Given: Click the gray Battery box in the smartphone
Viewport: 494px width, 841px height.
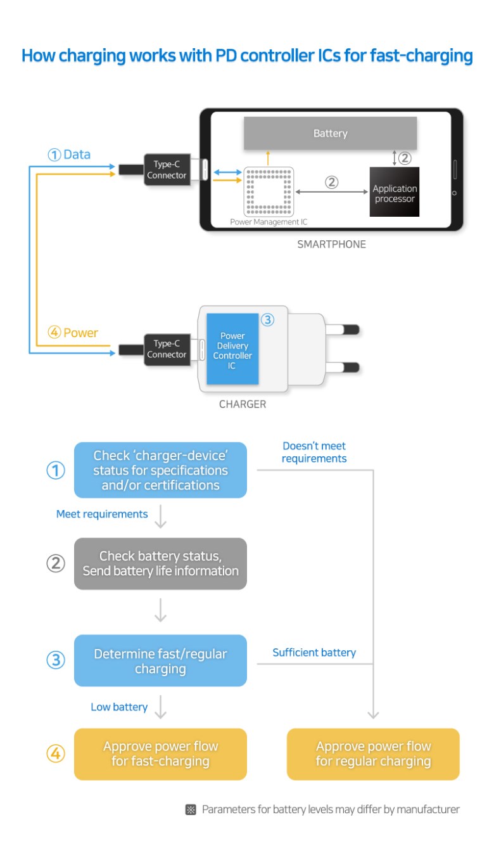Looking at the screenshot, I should tap(330, 133).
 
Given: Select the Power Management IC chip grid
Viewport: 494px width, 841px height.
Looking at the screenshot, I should tap(268, 191).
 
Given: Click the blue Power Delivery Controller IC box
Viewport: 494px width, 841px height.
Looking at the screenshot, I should tap(232, 350).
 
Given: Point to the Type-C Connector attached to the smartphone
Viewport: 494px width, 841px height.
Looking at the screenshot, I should tap(167, 170).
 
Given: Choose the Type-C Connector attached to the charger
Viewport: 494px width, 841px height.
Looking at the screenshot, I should tap(167, 349).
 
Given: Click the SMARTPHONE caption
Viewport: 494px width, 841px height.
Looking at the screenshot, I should tap(331, 244).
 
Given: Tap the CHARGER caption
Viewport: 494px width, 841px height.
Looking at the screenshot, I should tap(243, 404).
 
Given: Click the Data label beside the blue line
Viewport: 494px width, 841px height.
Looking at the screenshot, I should tap(77, 155).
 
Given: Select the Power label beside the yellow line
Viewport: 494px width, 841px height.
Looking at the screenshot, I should tap(80, 333).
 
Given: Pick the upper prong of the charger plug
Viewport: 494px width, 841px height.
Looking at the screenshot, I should tap(343, 330).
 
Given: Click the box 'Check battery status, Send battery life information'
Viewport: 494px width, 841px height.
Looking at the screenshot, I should tap(160, 563).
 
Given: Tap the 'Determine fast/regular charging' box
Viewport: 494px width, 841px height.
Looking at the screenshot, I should tap(160, 660).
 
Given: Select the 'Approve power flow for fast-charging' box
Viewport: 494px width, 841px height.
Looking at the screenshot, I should tap(160, 754).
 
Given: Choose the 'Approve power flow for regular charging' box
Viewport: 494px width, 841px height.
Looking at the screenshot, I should tap(373, 754).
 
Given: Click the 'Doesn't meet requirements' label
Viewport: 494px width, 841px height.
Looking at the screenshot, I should tap(314, 452).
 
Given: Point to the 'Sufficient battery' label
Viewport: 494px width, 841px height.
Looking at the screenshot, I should tap(314, 652).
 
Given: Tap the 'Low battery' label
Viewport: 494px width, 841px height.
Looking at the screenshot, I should tap(119, 707).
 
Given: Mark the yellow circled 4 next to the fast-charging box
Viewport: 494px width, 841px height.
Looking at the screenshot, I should tap(56, 754).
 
